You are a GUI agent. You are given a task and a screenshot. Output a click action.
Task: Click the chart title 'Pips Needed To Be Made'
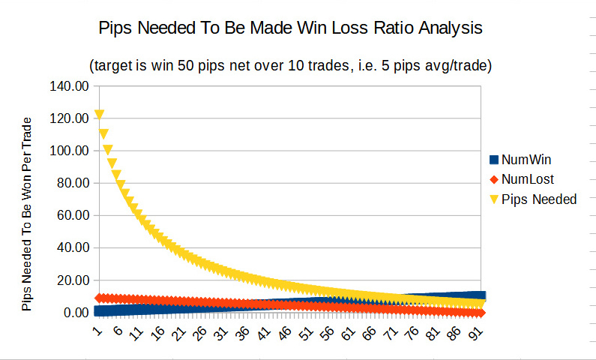291,29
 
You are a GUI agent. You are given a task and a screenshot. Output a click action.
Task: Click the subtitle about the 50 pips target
290,65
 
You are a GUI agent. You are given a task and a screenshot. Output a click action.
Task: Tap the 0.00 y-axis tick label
73,313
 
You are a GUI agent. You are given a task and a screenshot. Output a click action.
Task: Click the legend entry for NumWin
531,160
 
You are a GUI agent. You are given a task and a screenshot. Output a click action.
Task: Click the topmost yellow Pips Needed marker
99,115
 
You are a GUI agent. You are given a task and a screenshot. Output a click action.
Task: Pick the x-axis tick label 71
394,331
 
